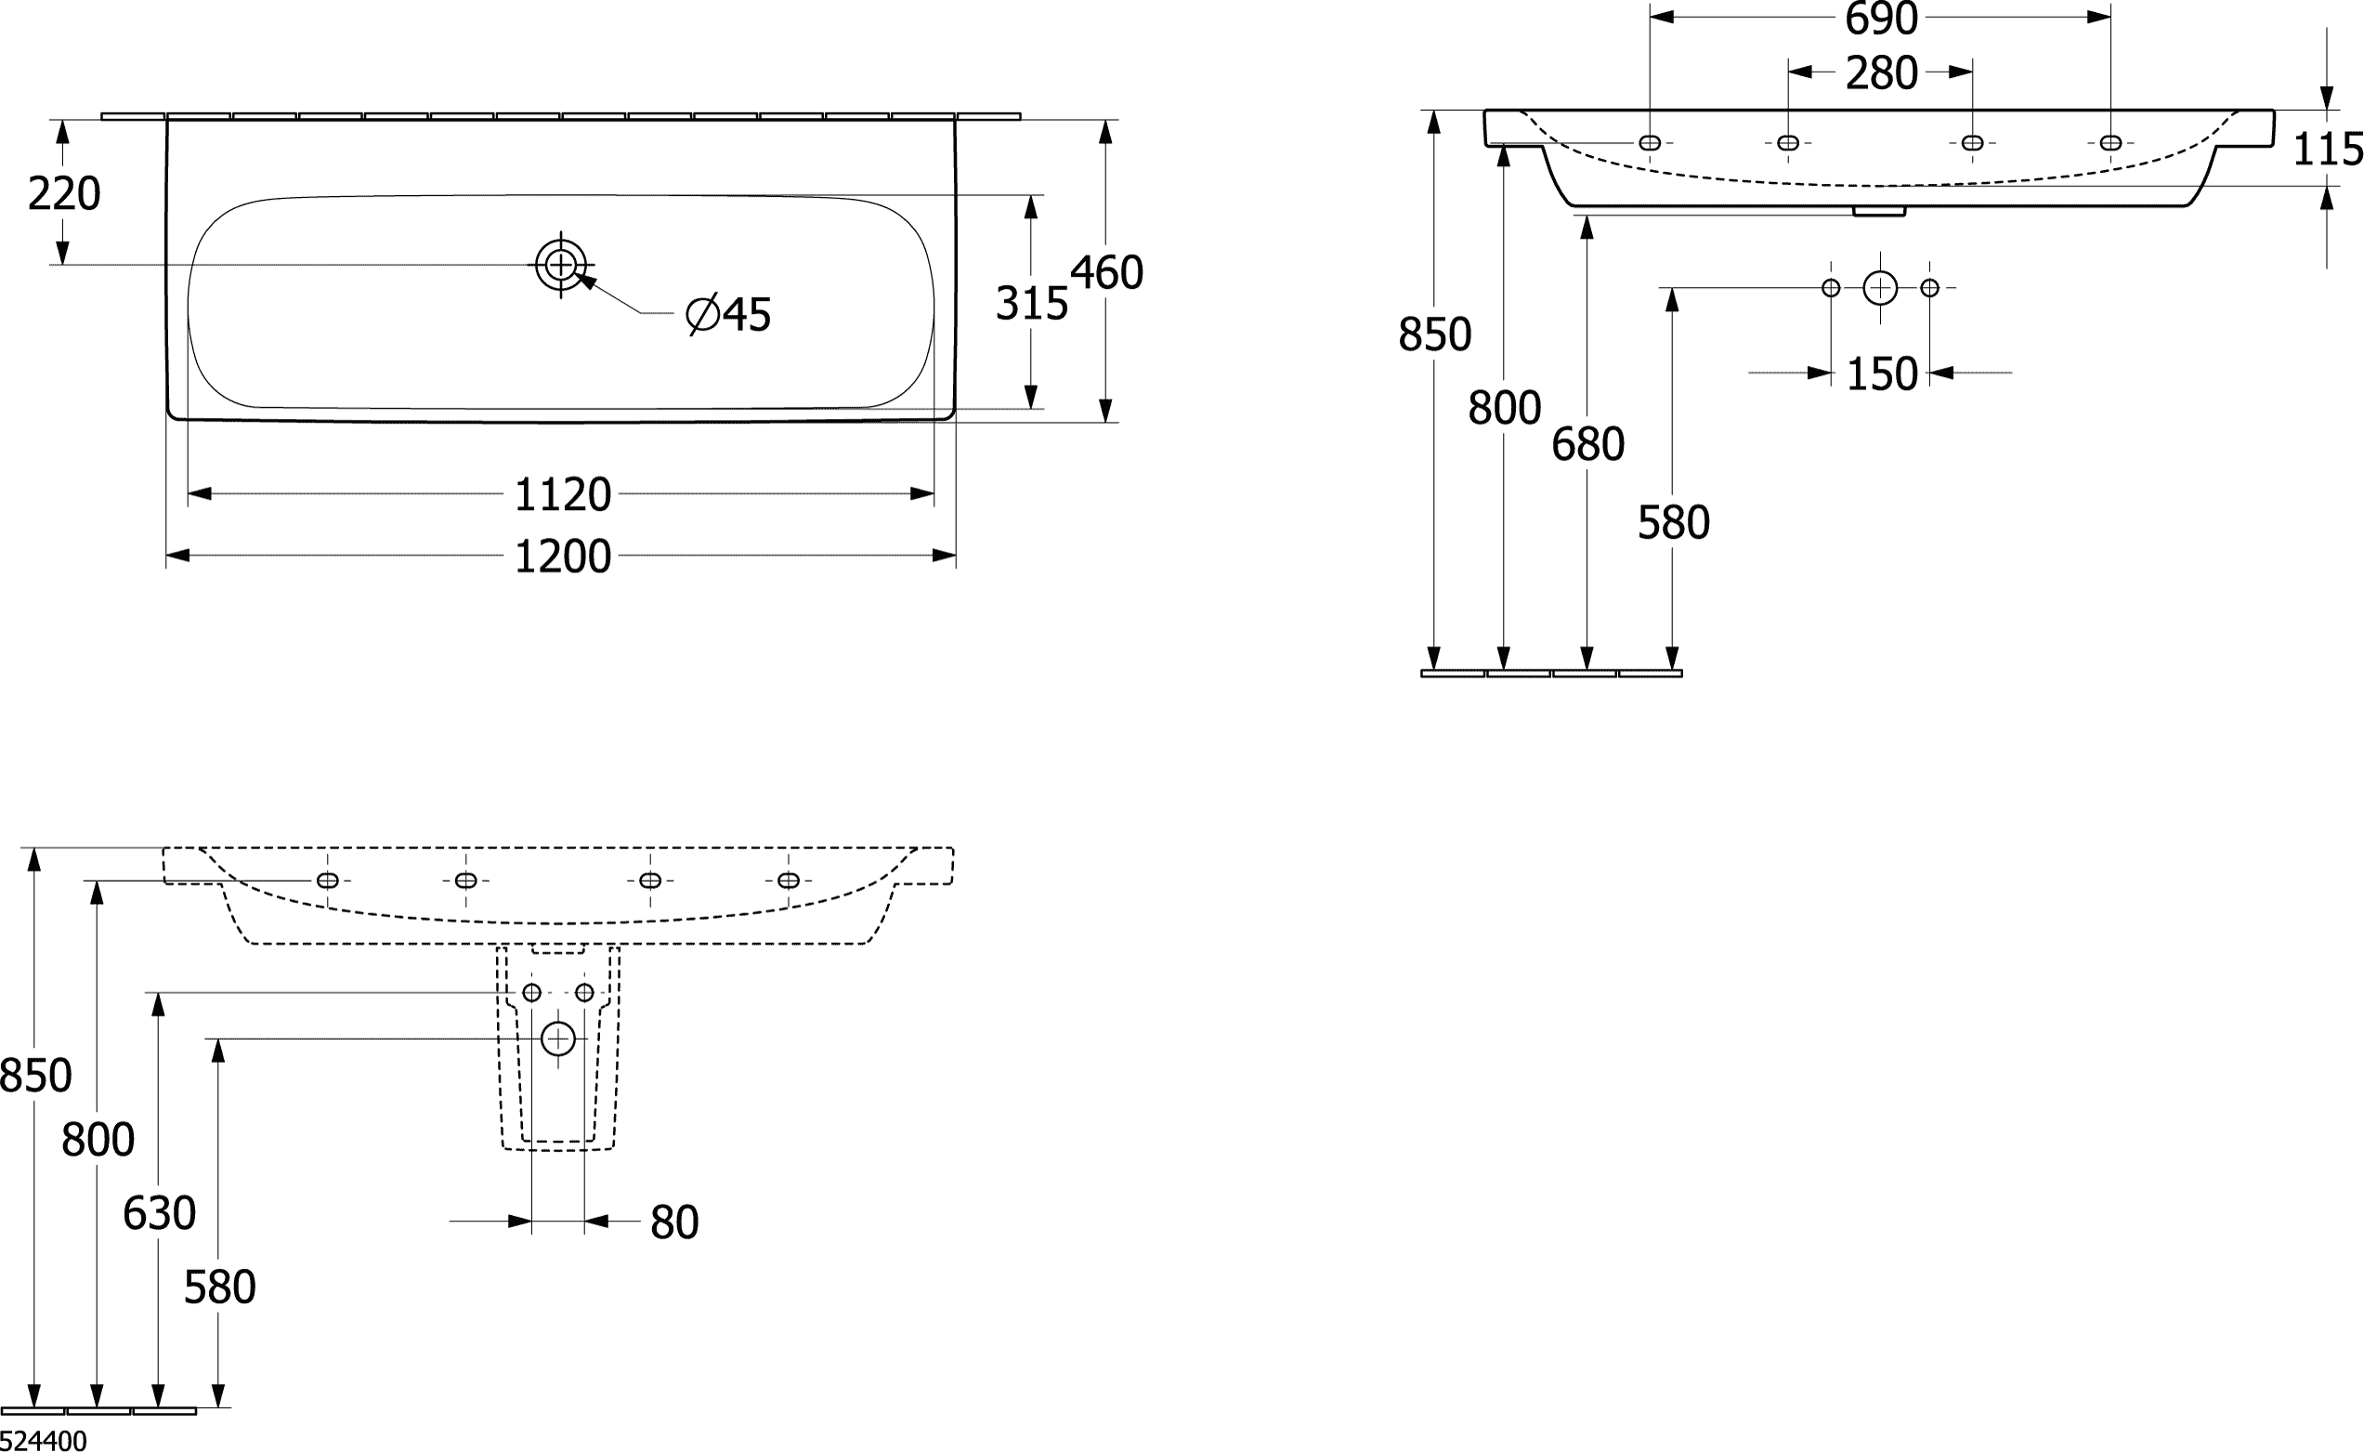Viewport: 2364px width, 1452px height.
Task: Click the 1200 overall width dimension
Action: tap(563, 557)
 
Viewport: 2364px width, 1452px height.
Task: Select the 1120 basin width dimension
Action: tap(563, 495)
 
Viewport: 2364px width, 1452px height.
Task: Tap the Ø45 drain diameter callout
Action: tap(729, 315)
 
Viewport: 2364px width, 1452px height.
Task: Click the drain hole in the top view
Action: tap(560, 264)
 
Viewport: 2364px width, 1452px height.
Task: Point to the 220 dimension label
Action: tap(63, 195)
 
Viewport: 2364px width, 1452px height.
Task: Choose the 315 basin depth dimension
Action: tap(1031, 305)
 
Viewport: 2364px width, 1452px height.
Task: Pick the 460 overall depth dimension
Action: tap(1106, 274)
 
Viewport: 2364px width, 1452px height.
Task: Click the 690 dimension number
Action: tap(1881, 20)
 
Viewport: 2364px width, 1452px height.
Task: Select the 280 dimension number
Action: tap(1881, 74)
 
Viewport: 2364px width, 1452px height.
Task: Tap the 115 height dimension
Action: tap(2328, 150)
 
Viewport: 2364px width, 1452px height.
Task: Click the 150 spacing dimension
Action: tap(1881, 374)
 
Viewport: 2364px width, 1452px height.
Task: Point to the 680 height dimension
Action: tap(1587, 445)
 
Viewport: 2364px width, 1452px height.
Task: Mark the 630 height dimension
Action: tap(159, 1214)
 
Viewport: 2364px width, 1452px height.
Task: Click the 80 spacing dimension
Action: tap(674, 1223)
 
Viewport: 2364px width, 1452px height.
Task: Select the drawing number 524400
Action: tap(44, 1441)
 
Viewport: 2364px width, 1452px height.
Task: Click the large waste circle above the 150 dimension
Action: tap(1880, 288)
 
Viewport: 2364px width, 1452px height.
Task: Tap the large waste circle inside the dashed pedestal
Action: tap(558, 1038)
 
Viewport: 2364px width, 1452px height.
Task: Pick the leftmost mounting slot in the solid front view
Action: tap(1650, 143)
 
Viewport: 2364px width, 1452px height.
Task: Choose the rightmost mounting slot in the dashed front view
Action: tap(789, 881)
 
